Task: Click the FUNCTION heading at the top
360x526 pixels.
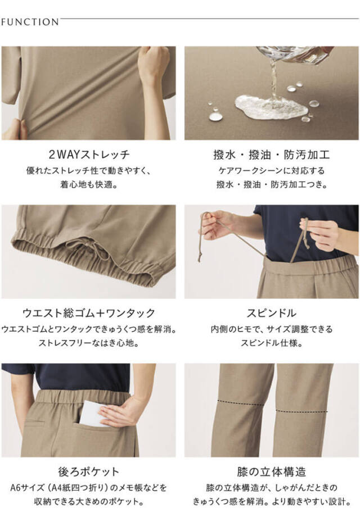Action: (x=30, y=22)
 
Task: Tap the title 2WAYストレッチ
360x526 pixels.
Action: (x=89, y=155)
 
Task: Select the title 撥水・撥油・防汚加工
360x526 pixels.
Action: (x=271, y=155)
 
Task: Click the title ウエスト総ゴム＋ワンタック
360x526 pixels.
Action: (x=89, y=313)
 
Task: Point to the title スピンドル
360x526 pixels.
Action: (x=271, y=313)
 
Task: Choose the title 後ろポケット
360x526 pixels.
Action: (x=89, y=471)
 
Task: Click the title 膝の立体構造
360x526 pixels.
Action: (x=271, y=471)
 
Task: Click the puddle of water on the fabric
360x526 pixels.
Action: (x=271, y=107)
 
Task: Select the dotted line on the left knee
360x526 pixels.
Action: (x=240, y=402)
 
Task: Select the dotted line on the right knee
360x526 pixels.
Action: (x=301, y=411)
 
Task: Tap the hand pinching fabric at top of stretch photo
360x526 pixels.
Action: (x=153, y=65)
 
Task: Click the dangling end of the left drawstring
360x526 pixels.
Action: (x=200, y=257)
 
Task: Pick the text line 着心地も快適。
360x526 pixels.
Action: (x=89, y=184)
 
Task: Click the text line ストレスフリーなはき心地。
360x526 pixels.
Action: (x=89, y=343)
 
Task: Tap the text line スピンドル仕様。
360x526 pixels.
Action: (x=271, y=343)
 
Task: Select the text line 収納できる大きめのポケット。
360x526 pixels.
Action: (x=89, y=502)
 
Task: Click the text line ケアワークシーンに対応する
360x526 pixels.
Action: (x=271, y=171)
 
